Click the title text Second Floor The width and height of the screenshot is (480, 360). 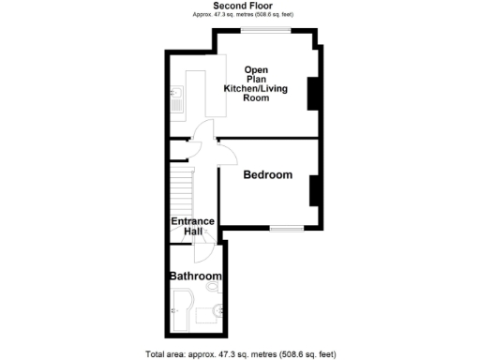pos(242,6)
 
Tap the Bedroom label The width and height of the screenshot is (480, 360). pos(268,175)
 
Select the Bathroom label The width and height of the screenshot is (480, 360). pos(195,277)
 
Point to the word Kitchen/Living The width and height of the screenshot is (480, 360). pos(256,88)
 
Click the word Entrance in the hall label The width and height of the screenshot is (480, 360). pos(192,221)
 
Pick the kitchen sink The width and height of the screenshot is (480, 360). pos(176,97)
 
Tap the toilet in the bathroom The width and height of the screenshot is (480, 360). pos(217,310)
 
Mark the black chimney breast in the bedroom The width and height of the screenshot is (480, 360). pos(315,190)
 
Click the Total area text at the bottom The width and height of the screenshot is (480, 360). pos(240,353)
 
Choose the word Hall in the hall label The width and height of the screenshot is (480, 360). pos(192,232)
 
